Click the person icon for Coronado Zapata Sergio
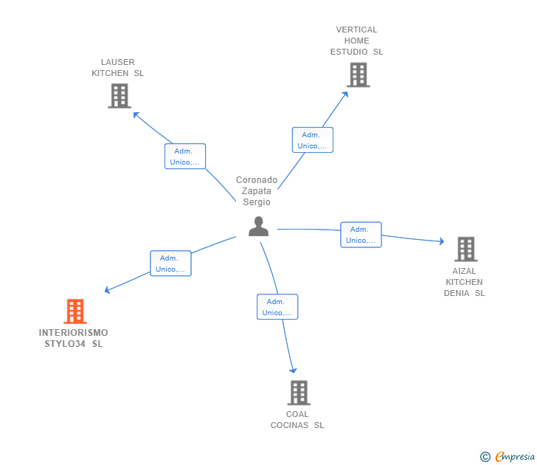(258, 227)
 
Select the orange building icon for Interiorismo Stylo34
(75, 311)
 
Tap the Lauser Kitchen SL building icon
(119, 96)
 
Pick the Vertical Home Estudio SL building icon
(358, 75)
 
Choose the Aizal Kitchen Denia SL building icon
(465, 249)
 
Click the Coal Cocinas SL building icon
(298, 392)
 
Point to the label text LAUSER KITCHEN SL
(118, 68)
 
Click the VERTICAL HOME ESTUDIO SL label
(357, 41)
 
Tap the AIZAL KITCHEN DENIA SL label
(464, 282)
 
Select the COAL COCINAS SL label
(297, 419)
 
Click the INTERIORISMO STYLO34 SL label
(74, 338)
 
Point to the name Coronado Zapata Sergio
(257, 191)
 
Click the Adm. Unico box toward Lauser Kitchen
(184, 156)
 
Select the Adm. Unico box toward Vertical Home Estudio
(312, 140)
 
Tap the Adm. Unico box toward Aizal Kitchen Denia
(361, 235)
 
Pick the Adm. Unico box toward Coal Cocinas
(277, 307)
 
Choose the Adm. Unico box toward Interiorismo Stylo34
(170, 263)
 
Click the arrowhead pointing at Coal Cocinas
(294, 371)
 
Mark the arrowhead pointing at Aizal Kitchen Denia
(442, 241)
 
